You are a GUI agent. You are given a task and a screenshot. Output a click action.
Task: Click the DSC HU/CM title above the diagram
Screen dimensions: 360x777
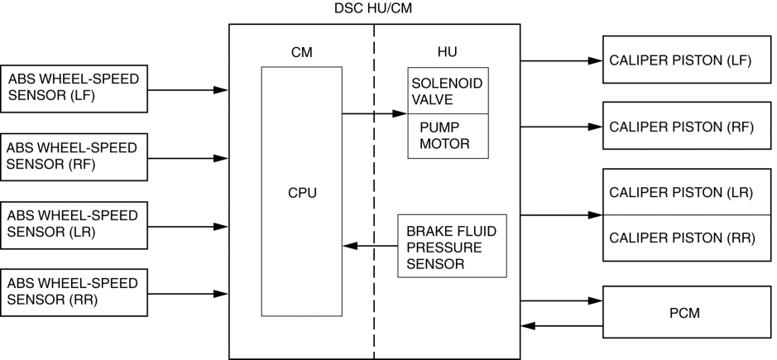click(x=374, y=8)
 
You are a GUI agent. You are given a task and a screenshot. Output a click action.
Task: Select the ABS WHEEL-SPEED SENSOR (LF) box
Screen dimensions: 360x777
click(x=74, y=89)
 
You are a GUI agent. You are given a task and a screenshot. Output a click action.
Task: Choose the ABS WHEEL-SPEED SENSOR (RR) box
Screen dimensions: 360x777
click(x=74, y=292)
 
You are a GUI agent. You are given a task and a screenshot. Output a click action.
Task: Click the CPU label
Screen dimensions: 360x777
click(x=302, y=194)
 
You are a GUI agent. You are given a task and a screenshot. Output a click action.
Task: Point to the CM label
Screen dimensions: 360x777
click(x=301, y=52)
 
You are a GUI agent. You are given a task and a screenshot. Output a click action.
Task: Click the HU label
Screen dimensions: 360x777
click(x=446, y=52)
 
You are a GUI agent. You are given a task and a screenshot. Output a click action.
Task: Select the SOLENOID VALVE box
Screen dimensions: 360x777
click(x=447, y=90)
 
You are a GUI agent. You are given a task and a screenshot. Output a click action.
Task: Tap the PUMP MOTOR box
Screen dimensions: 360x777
click(x=447, y=136)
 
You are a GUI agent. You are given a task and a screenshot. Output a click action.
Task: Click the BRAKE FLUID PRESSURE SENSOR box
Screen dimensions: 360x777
click(x=451, y=246)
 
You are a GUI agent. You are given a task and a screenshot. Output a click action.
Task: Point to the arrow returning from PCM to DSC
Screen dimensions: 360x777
click(x=563, y=326)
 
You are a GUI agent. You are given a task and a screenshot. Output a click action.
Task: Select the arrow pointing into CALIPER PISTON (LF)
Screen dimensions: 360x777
click(x=563, y=60)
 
